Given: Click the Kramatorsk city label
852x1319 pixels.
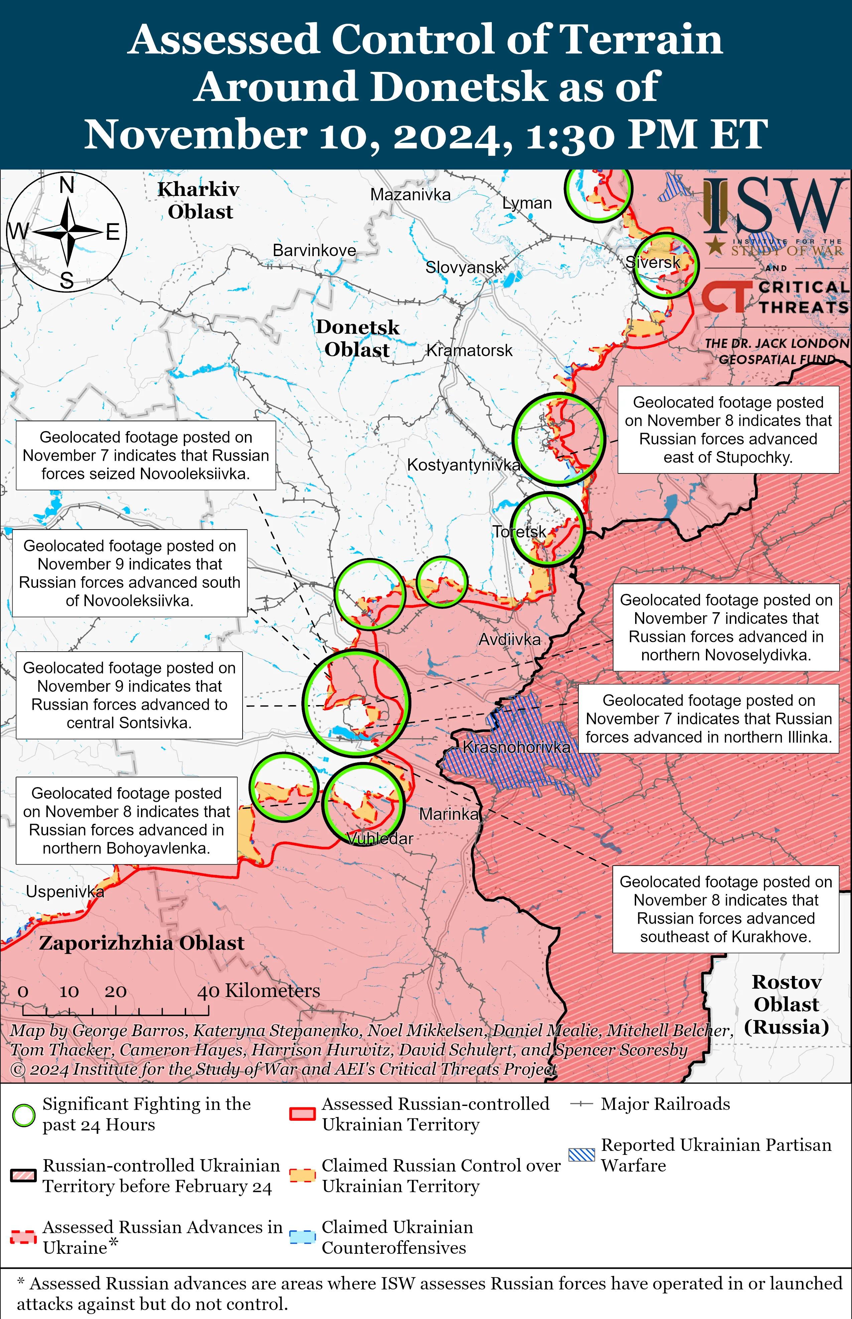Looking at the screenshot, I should click(x=469, y=350).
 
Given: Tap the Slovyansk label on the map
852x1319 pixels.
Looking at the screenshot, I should click(x=464, y=267).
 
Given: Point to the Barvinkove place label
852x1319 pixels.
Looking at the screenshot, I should click(x=314, y=250).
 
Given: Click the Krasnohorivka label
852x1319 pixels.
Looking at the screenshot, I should click(x=516, y=747).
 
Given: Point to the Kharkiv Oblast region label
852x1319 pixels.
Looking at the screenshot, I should click(x=199, y=200).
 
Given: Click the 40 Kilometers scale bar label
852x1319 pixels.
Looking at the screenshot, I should click(x=258, y=990).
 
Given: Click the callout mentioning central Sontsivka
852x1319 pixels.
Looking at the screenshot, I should click(x=129, y=695).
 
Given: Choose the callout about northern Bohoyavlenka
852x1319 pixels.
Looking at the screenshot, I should click(x=126, y=820).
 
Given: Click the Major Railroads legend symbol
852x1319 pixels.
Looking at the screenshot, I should click(x=581, y=1104).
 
